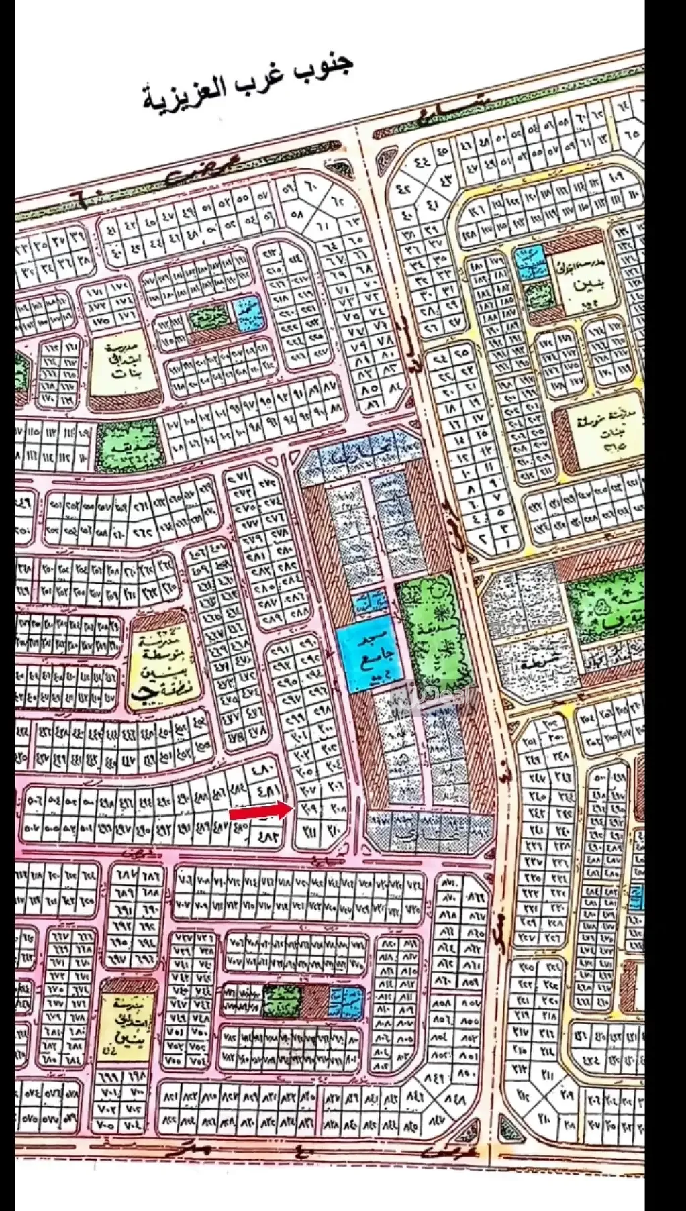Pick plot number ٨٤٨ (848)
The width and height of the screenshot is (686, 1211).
coord(454,1100)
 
